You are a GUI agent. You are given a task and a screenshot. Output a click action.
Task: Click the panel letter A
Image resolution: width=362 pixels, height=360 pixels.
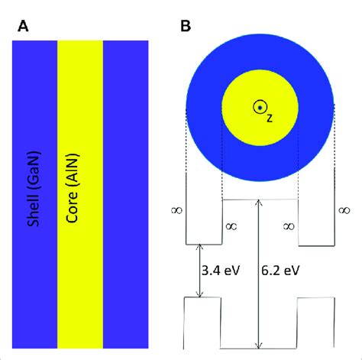click(x=23, y=26)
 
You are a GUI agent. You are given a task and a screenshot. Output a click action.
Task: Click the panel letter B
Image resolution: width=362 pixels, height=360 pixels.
click(x=186, y=26)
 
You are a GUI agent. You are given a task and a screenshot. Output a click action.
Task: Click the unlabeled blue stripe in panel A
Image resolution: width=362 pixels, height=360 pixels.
click(x=126, y=194)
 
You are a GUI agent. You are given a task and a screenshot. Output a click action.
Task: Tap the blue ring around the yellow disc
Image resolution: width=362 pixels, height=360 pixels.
click(x=204, y=108)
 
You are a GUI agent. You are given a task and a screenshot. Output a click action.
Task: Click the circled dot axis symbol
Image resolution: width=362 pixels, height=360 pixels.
click(x=260, y=108)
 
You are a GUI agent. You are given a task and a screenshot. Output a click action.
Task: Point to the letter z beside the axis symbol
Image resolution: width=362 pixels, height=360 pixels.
click(x=270, y=118)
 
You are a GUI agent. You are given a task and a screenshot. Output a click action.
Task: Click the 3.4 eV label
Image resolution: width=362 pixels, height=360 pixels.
click(x=221, y=271)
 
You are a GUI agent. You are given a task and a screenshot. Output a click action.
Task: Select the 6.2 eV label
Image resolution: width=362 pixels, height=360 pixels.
click(x=280, y=271)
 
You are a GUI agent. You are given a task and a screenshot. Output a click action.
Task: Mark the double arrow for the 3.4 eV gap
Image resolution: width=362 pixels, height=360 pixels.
click(x=200, y=271)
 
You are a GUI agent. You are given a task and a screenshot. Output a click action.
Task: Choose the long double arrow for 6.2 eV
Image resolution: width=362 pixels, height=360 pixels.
click(x=259, y=274)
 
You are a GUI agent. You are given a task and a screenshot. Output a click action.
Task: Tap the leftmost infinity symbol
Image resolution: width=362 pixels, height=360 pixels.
click(x=177, y=210)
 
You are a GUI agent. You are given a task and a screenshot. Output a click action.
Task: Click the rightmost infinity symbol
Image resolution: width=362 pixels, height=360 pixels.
click(x=344, y=210)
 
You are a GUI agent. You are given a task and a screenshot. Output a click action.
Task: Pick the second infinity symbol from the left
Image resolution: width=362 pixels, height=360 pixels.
click(x=231, y=226)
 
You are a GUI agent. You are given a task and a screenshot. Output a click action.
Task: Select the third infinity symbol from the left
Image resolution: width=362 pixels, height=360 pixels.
click(x=289, y=226)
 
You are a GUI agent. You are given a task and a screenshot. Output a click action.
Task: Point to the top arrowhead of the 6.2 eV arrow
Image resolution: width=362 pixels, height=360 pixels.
click(x=259, y=200)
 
